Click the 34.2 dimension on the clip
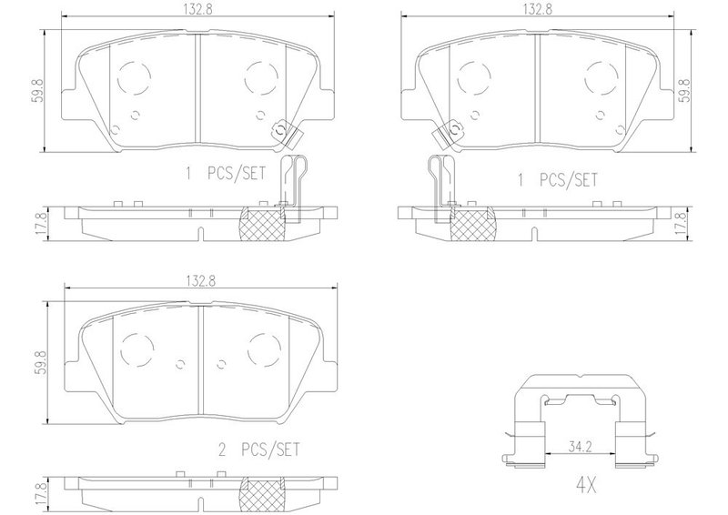pos(580,448)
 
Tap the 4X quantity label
pos(586,486)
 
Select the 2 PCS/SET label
pos(259,450)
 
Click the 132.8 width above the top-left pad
pos(200,9)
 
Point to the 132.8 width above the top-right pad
pos(538,9)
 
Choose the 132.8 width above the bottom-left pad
pos(201,280)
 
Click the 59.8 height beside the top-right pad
pos(685,91)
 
